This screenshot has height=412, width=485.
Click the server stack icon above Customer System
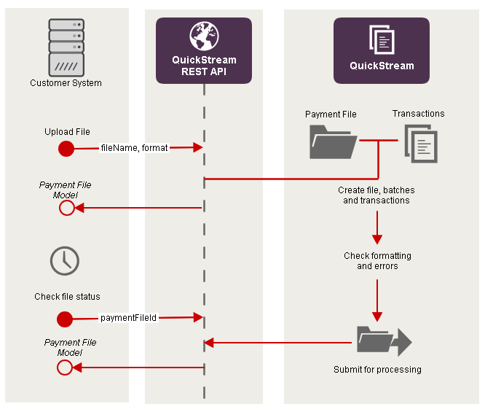point(66,47)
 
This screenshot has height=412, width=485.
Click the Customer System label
point(66,83)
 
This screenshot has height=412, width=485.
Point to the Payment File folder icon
point(332,141)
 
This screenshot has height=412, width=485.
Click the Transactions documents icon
point(421,143)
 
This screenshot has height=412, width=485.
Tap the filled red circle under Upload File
point(66,149)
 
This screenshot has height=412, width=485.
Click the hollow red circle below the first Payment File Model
point(66,208)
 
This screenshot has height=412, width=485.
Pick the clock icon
point(65,260)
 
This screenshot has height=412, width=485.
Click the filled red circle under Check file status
point(65,319)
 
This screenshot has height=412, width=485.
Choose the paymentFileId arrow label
point(129,317)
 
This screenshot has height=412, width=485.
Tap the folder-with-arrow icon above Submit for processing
point(384,341)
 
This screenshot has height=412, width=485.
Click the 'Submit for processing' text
point(377,370)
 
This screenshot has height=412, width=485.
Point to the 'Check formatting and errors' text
point(377,261)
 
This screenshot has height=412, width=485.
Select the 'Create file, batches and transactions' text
point(376,195)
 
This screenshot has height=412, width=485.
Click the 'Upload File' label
point(67,132)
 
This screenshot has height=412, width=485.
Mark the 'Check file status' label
point(67,297)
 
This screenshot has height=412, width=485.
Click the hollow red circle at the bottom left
point(65,368)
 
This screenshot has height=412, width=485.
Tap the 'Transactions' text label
point(418,114)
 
